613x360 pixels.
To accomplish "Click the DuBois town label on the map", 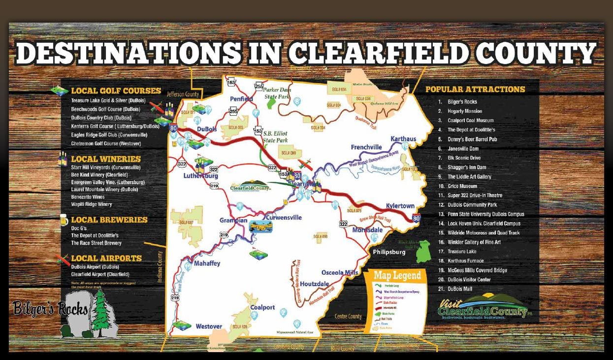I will pyautogui.click(x=207, y=129).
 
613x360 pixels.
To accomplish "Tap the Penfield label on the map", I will pyautogui.click(x=241, y=99).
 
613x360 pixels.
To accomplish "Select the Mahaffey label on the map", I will pyautogui.click(x=206, y=263).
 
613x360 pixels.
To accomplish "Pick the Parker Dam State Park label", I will pyautogui.click(x=277, y=94).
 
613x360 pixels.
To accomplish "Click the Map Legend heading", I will pyautogui.click(x=397, y=275).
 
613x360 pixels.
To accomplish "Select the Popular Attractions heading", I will pyautogui.click(x=475, y=90).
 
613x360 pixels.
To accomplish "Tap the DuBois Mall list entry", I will pyautogui.click(x=460, y=289).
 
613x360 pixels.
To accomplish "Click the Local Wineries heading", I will pyautogui.click(x=106, y=159).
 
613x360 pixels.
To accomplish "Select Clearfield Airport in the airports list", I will pyautogui.click(x=100, y=274).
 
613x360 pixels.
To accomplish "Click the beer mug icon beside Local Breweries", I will pyautogui.click(x=64, y=220).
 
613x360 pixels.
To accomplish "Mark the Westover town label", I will pyautogui.click(x=209, y=326).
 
